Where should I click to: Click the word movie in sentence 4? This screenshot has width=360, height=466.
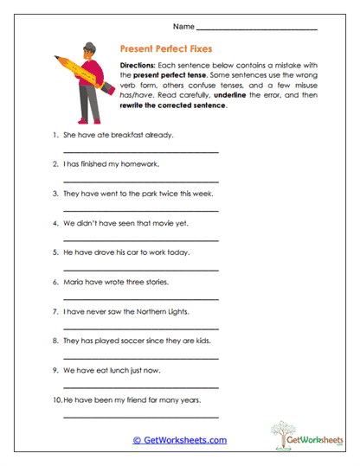[x=165, y=222]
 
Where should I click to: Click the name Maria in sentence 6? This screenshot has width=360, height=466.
[x=75, y=281]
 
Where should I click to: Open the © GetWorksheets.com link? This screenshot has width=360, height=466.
[x=179, y=440]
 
